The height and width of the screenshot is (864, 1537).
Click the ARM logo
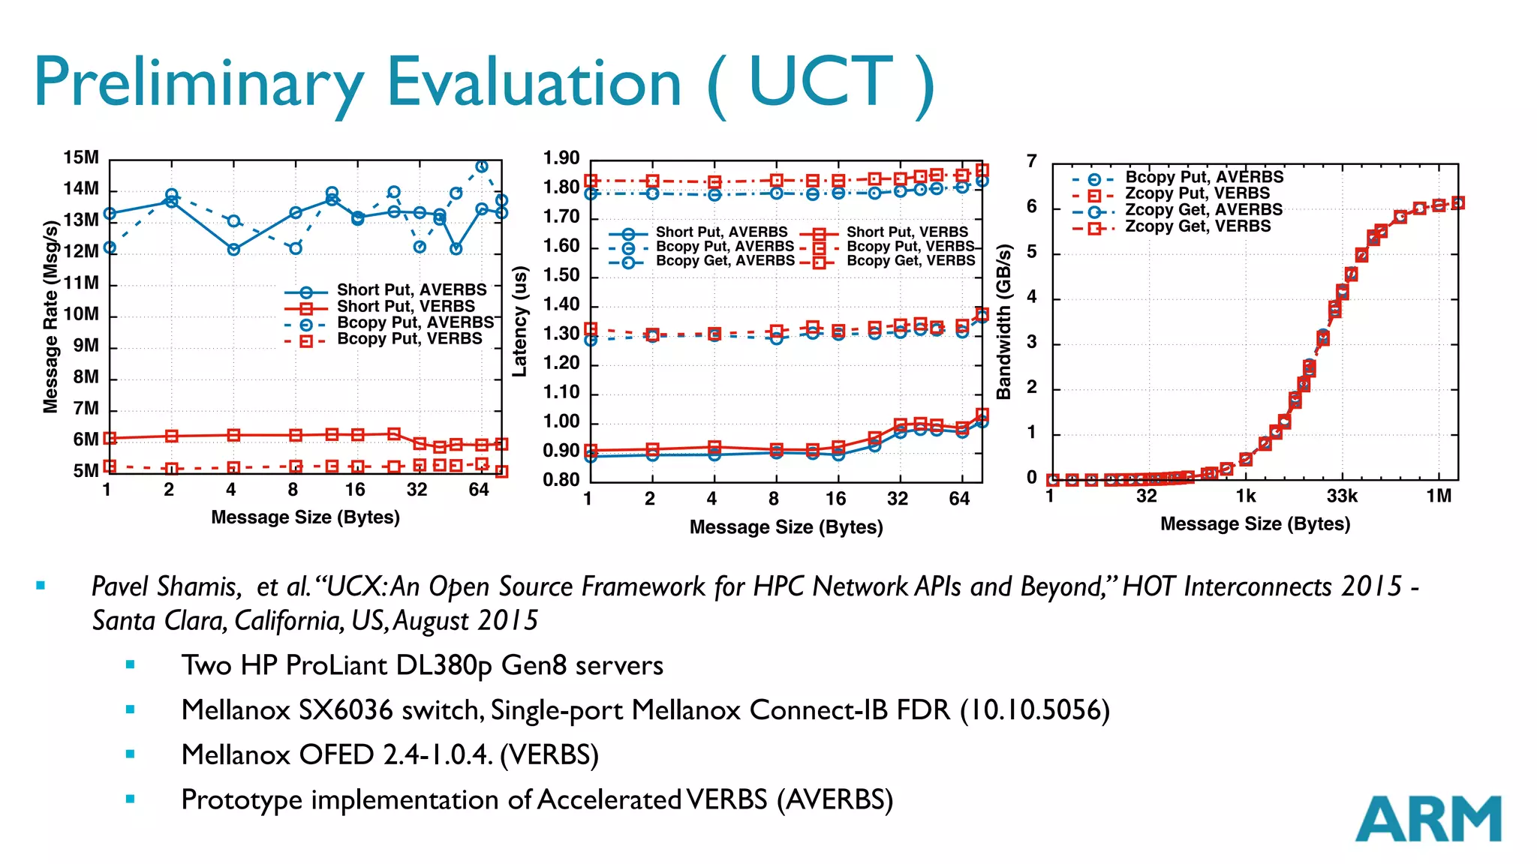tap(1427, 819)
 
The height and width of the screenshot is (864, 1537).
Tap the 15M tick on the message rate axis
tap(81, 158)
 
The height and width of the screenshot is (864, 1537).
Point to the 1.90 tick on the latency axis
tap(561, 158)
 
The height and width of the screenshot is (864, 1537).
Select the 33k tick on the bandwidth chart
tap(1341, 496)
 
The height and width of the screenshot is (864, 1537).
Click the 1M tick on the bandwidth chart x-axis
tap(1439, 496)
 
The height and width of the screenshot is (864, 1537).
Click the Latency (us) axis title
tap(519, 321)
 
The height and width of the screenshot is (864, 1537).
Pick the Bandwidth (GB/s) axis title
tap(1003, 321)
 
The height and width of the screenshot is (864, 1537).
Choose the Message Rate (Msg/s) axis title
tap(50, 316)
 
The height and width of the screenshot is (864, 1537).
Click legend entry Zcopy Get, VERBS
tap(1197, 226)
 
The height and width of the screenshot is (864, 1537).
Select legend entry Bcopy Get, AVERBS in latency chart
tap(724, 261)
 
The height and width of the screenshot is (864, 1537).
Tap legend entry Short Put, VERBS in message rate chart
tap(405, 306)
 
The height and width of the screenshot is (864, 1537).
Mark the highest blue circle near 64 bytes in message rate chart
tap(482, 166)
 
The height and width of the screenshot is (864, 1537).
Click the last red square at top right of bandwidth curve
tap(1457, 203)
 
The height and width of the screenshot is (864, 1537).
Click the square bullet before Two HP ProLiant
tap(131, 664)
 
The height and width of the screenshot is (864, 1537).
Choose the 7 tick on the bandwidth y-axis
tap(1032, 161)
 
